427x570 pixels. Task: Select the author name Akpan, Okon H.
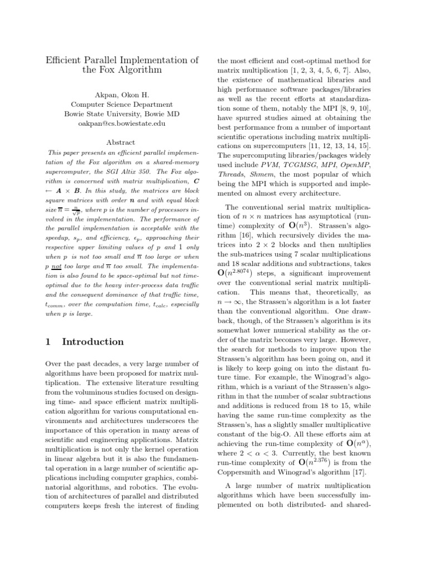(122, 95)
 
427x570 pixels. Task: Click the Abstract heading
(121, 142)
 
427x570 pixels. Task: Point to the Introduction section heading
(93, 342)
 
